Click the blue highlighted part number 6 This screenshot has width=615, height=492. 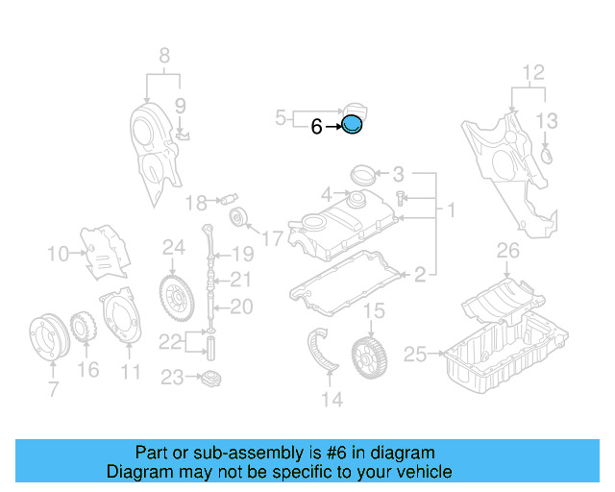coord(353,124)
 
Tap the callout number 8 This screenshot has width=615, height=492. coord(163,54)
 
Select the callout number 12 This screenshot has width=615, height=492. coord(532,72)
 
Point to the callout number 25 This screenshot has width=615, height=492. coord(415,355)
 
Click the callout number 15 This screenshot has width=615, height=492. coord(373,310)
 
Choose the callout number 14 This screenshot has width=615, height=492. coord(332,399)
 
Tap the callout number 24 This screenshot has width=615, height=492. coord(173,248)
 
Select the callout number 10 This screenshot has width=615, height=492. coord(58,255)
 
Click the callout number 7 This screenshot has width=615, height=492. coord(53,389)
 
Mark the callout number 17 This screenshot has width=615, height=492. coord(272,236)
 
